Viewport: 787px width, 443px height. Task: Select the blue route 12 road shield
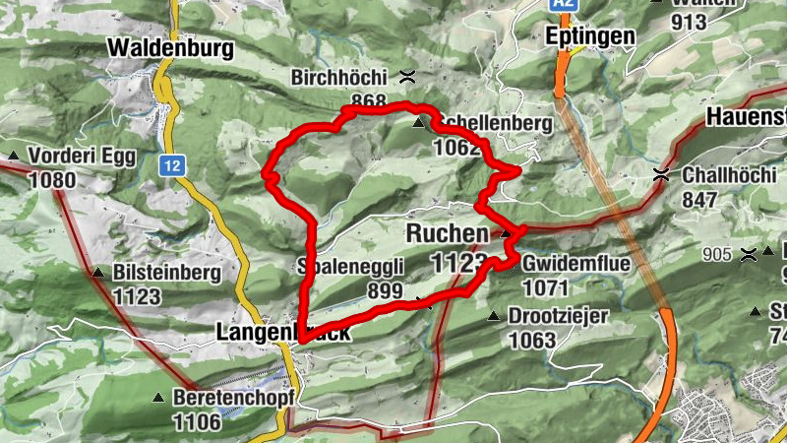click(x=173, y=166)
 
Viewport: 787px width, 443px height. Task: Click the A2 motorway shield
click(x=562, y=5)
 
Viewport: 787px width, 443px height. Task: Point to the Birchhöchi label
click(x=339, y=77)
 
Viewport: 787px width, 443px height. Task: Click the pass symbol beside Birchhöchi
click(x=407, y=77)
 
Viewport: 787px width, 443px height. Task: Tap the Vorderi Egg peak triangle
click(x=14, y=157)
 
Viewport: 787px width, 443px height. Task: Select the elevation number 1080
click(x=52, y=180)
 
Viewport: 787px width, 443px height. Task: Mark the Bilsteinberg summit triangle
click(x=98, y=273)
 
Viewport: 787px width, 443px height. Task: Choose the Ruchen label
click(x=447, y=234)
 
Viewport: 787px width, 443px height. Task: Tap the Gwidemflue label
click(x=573, y=264)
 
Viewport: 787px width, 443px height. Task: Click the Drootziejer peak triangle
click(x=494, y=316)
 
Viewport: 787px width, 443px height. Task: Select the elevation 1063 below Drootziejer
click(x=532, y=340)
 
